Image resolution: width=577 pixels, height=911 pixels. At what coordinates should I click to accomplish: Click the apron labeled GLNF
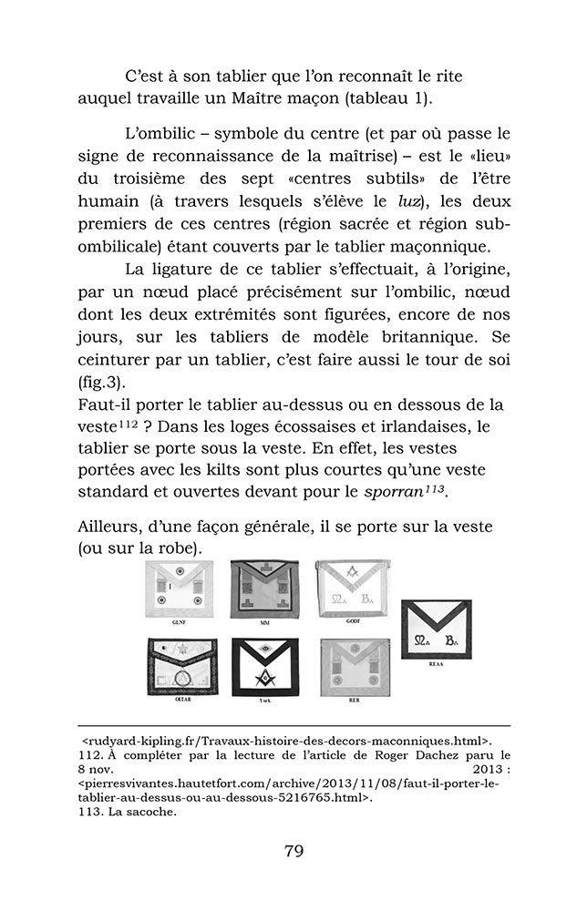pyautogui.click(x=180, y=588)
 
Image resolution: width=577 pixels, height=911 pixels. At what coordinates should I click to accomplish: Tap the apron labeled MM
pyautogui.click(x=264, y=589)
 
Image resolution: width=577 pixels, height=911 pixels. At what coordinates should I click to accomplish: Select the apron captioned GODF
pyautogui.click(x=352, y=588)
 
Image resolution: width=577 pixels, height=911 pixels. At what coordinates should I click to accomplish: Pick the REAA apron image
pyautogui.click(x=436, y=629)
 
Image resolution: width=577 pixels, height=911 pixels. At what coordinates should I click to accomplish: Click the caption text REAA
pyautogui.click(x=437, y=666)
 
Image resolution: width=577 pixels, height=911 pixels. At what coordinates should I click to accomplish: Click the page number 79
pyautogui.click(x=293, y=851)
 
